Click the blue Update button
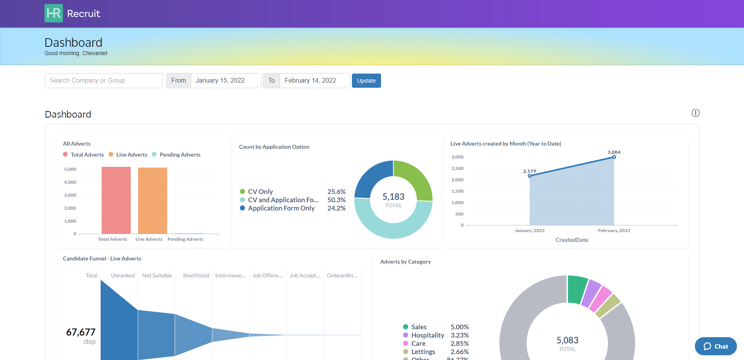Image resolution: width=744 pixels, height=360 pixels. point(366,81)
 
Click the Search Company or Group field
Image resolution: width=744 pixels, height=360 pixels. point(103,81)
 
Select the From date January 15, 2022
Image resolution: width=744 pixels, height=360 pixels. point(225,81)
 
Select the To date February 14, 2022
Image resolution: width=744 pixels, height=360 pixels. point(314,81)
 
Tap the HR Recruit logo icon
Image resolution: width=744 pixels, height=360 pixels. point(53,13)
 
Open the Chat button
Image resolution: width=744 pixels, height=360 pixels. point(716,346)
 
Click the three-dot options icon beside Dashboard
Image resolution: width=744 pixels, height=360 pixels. point(695,113)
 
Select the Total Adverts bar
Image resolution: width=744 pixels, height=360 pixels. point(116,200)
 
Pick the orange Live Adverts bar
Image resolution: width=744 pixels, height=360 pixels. point(153,201)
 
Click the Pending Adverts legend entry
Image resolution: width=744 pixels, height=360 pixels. point(180,155)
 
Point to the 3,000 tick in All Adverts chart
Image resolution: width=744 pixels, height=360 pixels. point(70,195)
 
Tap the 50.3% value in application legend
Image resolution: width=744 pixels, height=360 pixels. point(336,200)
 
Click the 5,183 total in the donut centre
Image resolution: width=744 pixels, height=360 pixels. point(393,197)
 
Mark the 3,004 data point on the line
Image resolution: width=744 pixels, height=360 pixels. point(614,157)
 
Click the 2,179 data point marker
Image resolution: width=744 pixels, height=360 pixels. point(530,176)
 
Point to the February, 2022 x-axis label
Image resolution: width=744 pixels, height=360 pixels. point(614,231)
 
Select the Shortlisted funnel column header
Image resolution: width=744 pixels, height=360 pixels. point(196,275)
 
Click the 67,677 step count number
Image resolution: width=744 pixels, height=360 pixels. point(81,332)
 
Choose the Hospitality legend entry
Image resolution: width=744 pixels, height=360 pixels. point(427,335)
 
